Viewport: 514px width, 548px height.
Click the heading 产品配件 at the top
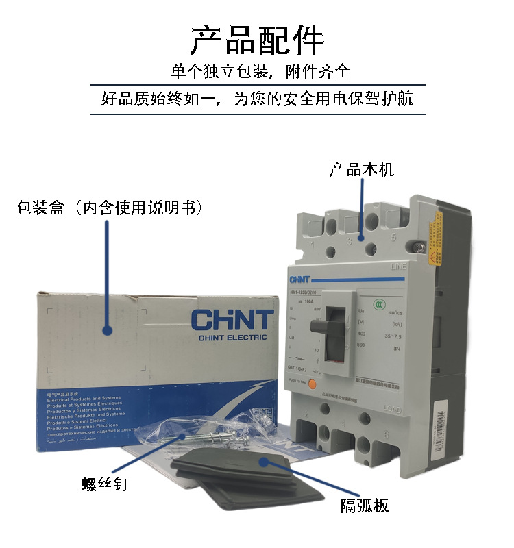tap(257, 40)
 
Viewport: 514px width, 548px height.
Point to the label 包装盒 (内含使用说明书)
tap(109, 207)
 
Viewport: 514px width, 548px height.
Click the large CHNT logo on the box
tap(232, 320)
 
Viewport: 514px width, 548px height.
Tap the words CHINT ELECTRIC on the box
tap(232, 337)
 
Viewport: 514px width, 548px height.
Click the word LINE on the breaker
tap(399, 267)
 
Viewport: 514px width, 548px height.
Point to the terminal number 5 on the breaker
tap(393, 238)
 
